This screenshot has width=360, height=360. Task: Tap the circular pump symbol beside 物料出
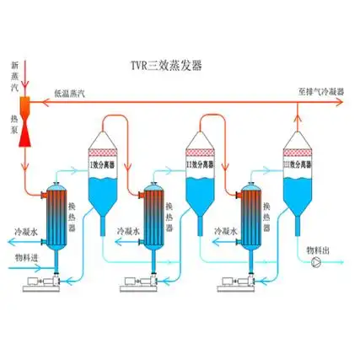pos(316,263)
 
